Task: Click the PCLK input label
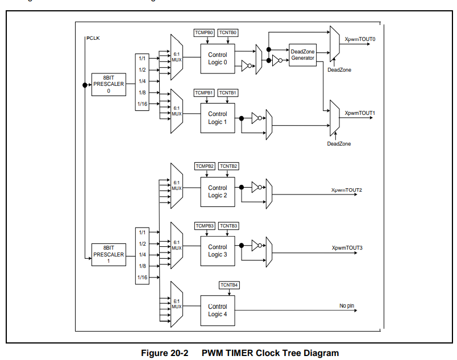pos(93,38)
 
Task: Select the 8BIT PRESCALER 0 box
pos(109,84)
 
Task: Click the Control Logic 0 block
pos(217,59)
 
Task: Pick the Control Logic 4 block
pos(217,310)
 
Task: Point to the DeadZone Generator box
pos(302,55)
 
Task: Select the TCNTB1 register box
pos(227,92)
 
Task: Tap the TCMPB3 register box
pos(205,226)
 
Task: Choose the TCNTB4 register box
pos(228,285)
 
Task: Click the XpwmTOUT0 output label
pos(360,39)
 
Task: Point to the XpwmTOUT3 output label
pos(347,248)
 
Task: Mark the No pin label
pos(347,306)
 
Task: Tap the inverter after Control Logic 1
pos(257,118)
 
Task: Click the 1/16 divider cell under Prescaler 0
pos(142,104)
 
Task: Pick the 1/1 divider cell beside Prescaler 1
pos(142,232)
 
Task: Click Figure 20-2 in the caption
pos(164,353)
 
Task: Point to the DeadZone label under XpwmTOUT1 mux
pos(339,144)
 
